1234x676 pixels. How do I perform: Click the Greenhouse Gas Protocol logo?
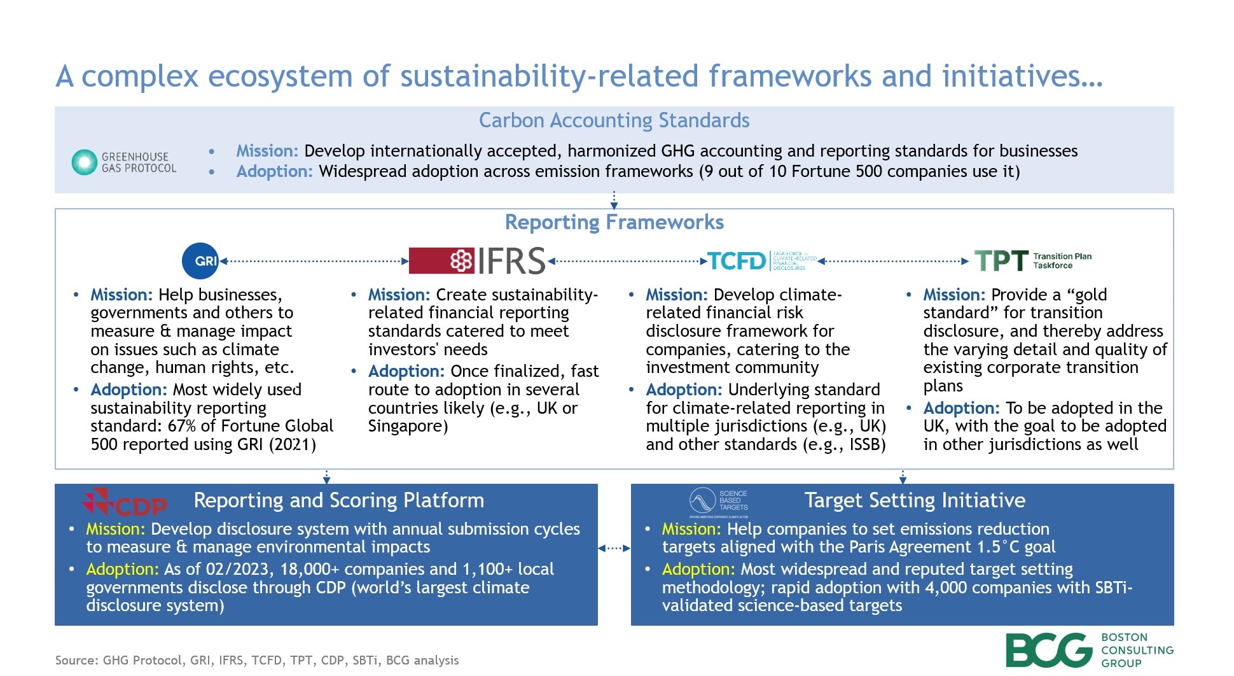click(124, 162)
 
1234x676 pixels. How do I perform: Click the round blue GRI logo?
click(200, 261)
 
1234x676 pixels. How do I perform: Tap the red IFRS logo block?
click(441, 260)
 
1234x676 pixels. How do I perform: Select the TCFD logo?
click(737, 261)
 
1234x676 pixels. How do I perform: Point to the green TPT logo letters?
click(1001, 261)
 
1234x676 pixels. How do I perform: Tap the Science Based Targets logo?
click(719, 501)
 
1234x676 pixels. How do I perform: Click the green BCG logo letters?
click(1048, 650)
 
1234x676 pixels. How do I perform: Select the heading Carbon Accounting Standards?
click(614, 120)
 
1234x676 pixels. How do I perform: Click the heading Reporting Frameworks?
click(614, 222)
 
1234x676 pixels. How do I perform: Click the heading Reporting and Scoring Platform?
click(338, 500)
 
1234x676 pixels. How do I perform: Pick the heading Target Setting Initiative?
click(914, 500)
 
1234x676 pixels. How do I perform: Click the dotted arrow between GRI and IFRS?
click(314, 261)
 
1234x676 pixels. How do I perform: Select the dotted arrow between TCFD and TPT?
click(894, 261)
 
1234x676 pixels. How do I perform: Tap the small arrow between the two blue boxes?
click(614, 548)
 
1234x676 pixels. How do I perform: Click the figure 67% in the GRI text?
click(181, 426)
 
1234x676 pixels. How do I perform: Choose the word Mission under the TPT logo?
click(953, 295)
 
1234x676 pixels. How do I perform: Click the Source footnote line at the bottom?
click(256, 660)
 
